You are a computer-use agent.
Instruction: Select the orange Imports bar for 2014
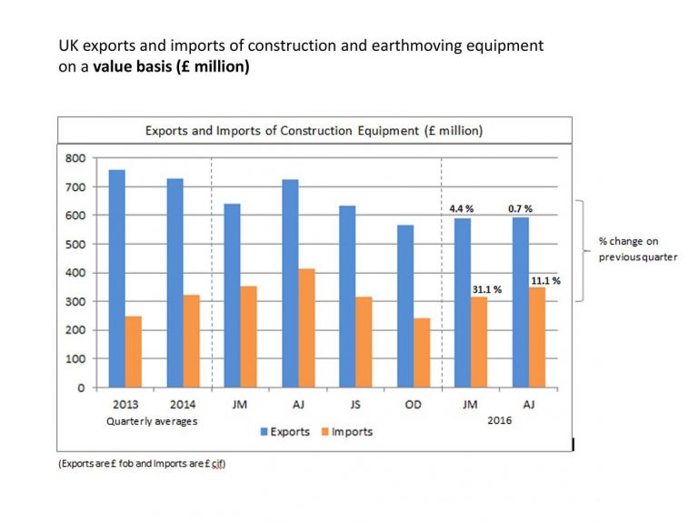click(191, 341)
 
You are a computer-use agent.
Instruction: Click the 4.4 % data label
click(463, 208)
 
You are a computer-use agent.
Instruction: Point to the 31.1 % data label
click(486, 289)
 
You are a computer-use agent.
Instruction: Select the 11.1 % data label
click(545, 280)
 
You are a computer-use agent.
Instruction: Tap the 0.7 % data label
click(520, 208)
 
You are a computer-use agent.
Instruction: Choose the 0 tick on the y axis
click(81, 388)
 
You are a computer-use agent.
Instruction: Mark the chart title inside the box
click(314, 131)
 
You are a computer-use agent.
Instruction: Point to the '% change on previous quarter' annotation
click(628, 249)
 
